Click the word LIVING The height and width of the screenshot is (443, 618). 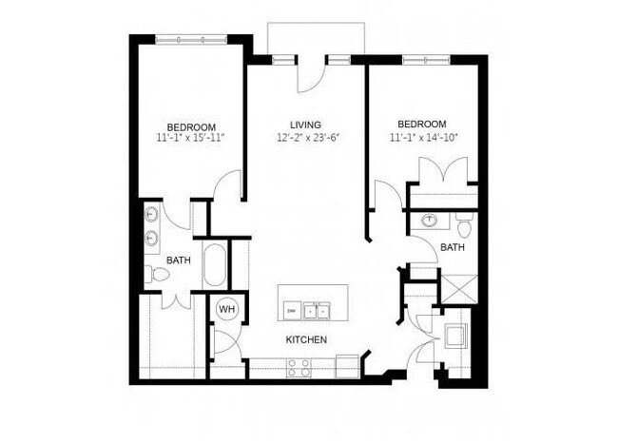pyautogui.click(x=306, y=125)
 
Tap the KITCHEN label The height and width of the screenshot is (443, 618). pyautogui.click(x=306, y=339)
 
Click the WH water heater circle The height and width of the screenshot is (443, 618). pyautogui.click(x=226, y=309)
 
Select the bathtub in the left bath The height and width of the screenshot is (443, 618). pyautogui.click(x=216, y=267)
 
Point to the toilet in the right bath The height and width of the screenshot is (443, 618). pyautogui.click(x=464, y=227)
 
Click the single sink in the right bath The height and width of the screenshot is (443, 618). pyautogui.click(x=430, y=221)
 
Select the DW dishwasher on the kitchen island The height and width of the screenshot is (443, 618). pyautogui.click(x=291, y=310)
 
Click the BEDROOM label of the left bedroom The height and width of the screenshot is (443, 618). pyautogui.click(x=191, y=127)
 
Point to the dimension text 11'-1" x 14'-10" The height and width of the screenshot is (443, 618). pyautogui.click(x=423, y=138)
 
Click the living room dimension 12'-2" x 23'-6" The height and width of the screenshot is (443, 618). pyautogui.click(x=307, y=138)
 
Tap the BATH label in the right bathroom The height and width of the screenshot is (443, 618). pyautogui.click(x=452, y=248)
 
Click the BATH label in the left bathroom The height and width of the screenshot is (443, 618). pyautogui.click(x=179, y=260)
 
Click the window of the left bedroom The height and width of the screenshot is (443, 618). pyautogui.click(x=191, y=39)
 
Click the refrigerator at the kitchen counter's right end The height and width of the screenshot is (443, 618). pyautogui.click(x=346, y=364)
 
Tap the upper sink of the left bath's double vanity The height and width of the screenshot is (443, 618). pyautogui.click(x=152, y=215)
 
